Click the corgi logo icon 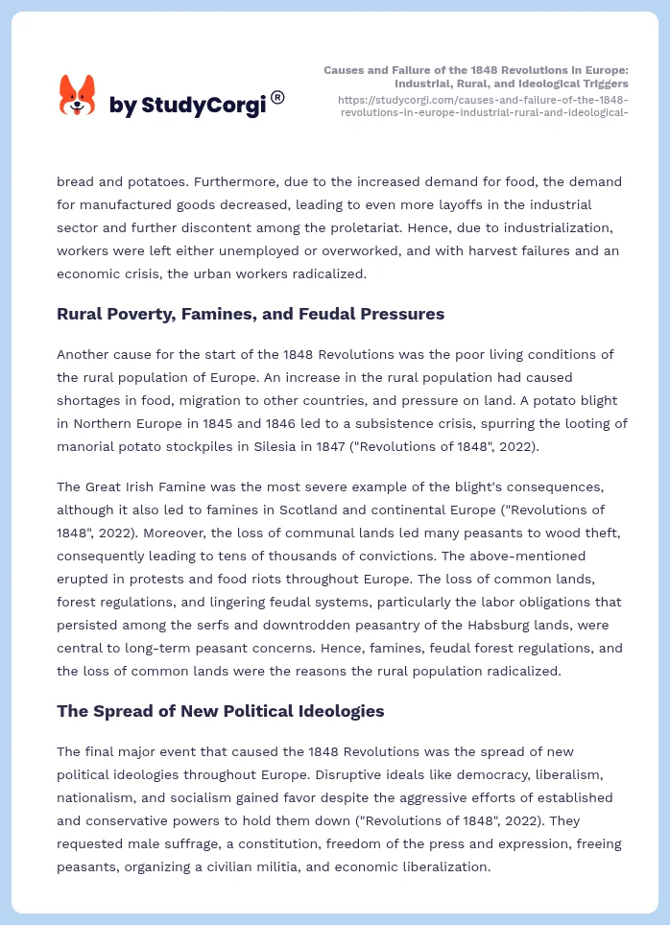[x=78, y=95]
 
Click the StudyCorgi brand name [x=187, y=106]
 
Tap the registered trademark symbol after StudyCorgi [x=277, y=96]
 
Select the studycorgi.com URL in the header [x=484, y=106]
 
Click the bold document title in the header [x=476, y=77]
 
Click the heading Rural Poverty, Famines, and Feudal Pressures [x=250, y=313]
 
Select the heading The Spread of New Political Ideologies [x=220, y=711]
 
